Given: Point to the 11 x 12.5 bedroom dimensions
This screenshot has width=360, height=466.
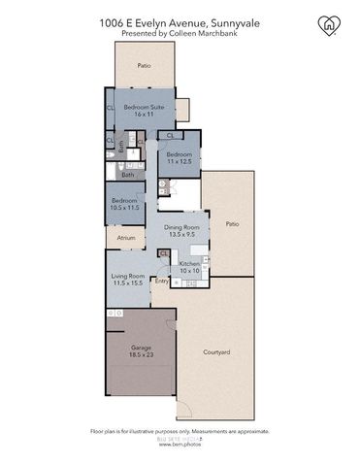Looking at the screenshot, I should click(179, 162).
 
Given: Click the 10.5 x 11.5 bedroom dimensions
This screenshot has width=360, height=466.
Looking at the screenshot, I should click(126, 208).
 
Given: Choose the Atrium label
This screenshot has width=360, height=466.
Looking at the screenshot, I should click(125, 236).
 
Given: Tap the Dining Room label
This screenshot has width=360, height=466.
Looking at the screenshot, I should click(176, 226).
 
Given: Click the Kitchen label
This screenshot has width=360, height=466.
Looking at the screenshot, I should click(188, 264).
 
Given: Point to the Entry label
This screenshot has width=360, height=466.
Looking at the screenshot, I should click(161, 282).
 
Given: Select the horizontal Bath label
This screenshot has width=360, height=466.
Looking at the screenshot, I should click(127, 175).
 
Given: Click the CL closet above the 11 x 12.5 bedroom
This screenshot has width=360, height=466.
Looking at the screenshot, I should click(171, 135).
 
